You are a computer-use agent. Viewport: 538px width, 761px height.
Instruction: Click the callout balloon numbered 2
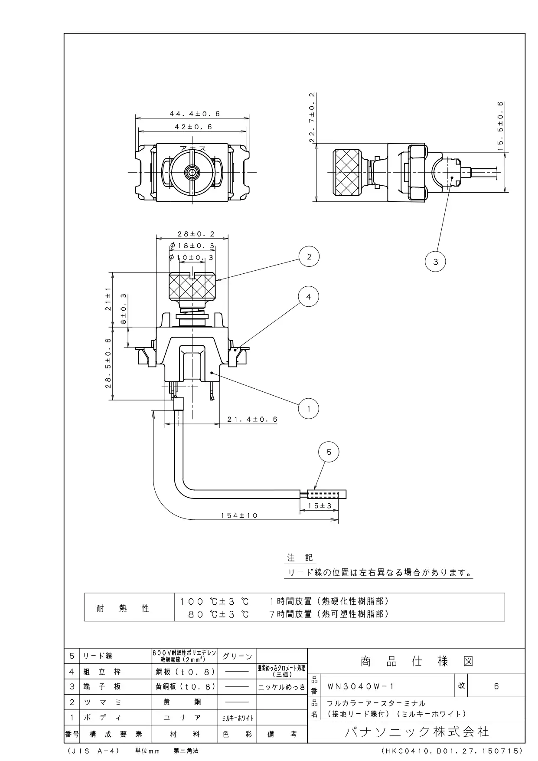point(309,257)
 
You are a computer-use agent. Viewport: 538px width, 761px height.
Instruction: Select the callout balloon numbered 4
point(309,297)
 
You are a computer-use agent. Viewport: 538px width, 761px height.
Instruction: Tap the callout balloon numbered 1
point(309,409)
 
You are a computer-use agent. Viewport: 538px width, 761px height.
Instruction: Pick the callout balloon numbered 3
point(436,262)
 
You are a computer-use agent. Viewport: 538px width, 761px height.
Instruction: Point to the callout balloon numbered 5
point(329,453)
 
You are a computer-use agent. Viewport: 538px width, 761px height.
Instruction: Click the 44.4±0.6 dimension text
point(195,114)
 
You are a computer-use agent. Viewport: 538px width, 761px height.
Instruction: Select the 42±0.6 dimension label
point(193,127)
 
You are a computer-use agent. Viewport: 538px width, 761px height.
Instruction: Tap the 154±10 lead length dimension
point(239,515)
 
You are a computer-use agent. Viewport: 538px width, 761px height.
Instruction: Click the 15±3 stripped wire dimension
point(320,506)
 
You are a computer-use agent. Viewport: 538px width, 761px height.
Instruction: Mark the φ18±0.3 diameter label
point(192,246)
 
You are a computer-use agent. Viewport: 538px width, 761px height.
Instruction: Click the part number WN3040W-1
point(361,686)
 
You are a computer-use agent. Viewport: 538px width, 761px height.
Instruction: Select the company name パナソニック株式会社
point(417,732)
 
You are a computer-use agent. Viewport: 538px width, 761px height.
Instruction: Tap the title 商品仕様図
point(417,662)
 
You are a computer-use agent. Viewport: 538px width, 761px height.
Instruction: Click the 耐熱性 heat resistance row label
point(123,608)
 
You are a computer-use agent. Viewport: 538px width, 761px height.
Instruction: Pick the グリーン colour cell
point(237,656)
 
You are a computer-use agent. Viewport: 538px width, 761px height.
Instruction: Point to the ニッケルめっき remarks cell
point(282,687)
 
